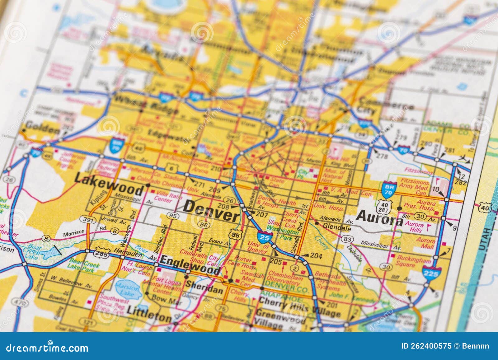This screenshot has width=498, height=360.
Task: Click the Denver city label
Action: pos(211,210)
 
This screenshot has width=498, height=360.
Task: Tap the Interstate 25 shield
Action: pos(265,237)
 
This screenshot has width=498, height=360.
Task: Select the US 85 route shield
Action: pos(236,235)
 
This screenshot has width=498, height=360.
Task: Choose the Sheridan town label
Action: pos(204,287)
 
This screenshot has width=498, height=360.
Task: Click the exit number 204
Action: pos(316,256)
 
